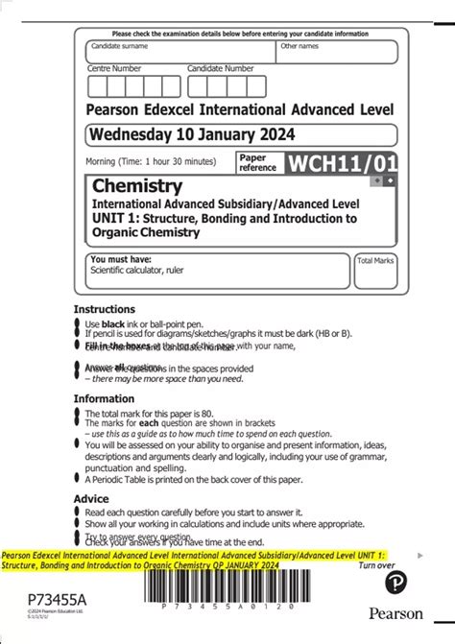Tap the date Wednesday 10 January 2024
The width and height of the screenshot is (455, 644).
click(x=192, y=134)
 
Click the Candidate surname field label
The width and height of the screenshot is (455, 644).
click(x=119, y=46)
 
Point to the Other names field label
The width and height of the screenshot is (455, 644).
click(x=299, y=46)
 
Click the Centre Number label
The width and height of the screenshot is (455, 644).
click(x=114, y=68)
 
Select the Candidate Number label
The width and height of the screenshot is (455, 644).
click(x=221, y=68)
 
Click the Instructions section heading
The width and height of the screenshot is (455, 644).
click(x=105, y=309)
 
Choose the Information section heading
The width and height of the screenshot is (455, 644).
click(x=105, y=398)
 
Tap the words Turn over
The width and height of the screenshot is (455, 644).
click(x=376, y=566)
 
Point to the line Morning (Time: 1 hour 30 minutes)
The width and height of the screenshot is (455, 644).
click(x=151, y=160)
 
